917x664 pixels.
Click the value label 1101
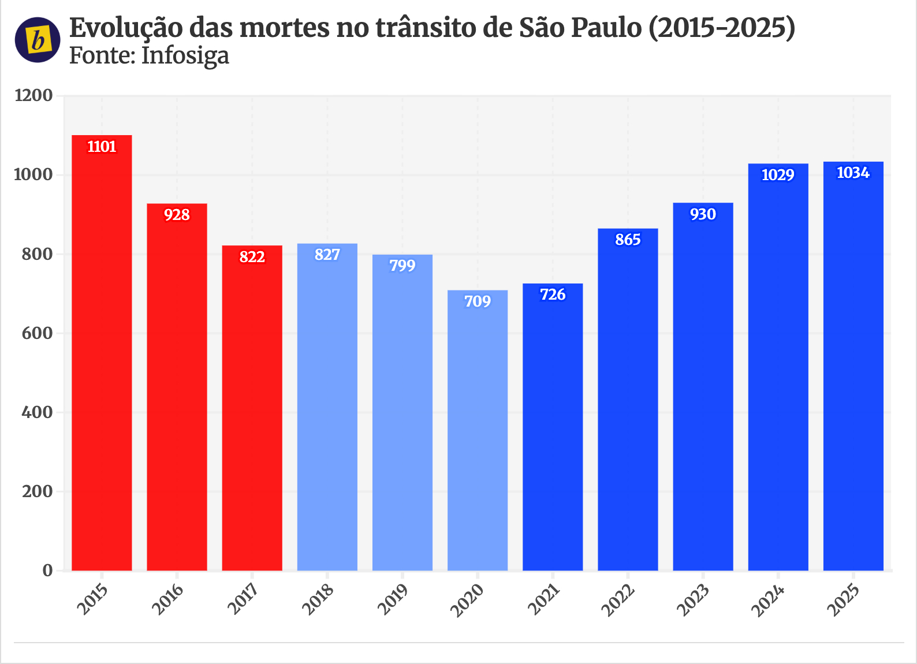[x=102, y=147]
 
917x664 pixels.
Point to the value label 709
[x=478, y=301]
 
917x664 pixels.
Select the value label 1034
[x=853, y=173]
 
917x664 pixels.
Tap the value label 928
[x=177, y=215]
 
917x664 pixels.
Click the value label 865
[x=628, y=240]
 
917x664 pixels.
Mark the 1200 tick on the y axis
[x=33, y=95]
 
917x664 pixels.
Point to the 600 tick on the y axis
[x=38, y=333]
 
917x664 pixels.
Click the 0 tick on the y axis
[x=47, y=570]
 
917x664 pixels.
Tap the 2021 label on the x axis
[x=543, y=600]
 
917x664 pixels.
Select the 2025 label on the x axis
[x=844, y=600]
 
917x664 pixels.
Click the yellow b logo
[x=38, y=40]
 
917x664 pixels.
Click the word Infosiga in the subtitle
[x=185, y=56]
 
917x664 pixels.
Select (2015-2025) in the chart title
[x=722, y=27]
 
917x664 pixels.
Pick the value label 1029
[x=778, y=175]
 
